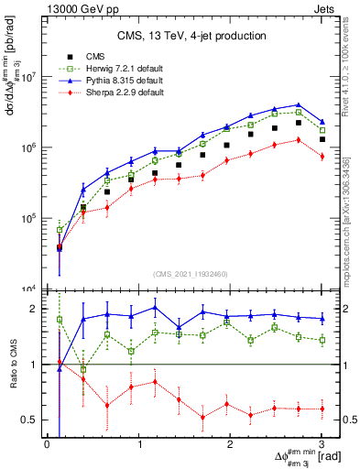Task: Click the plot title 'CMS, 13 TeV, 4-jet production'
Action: click(x=184, y=36)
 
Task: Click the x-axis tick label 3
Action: click(x=322, y=445)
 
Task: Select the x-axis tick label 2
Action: click(x=230, y=445)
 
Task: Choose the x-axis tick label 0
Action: click(x=47, y=445)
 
